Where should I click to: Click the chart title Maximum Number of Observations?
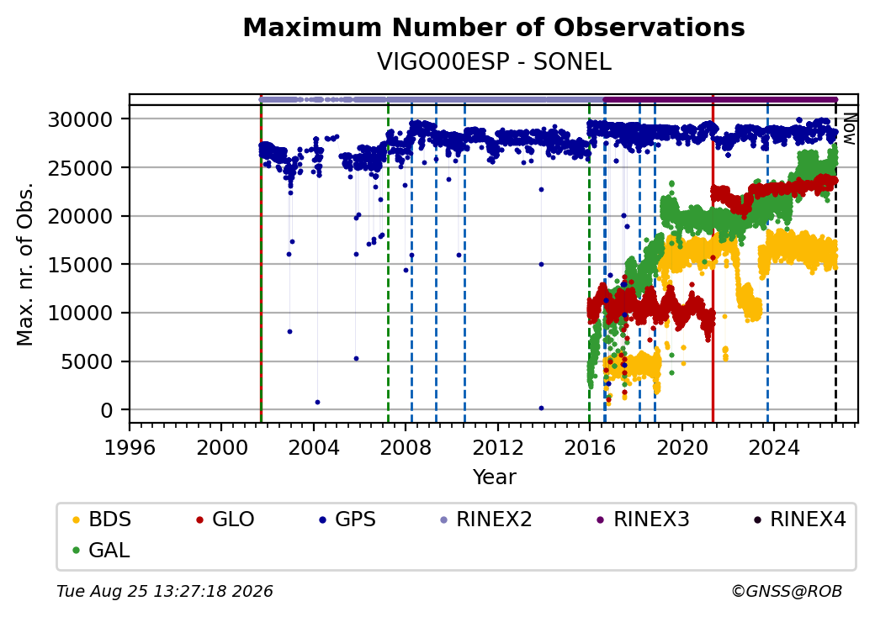(494, 27)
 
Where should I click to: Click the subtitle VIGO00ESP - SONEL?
(494, 61)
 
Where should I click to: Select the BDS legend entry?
(102, 519)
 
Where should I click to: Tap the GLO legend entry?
(225, 519)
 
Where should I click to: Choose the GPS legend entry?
(347, 519)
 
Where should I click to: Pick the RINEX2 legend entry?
(486, 519)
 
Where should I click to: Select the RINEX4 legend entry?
(799, 519)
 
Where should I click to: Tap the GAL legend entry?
(102, 550)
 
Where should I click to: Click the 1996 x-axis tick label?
(130, 447)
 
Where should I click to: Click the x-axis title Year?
(495, 477)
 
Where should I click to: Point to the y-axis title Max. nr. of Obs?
(25, 264)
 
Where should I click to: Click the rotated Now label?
(849, 129)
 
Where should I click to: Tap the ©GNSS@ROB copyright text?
(787, 591)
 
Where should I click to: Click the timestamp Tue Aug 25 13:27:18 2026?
(165, 591)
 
